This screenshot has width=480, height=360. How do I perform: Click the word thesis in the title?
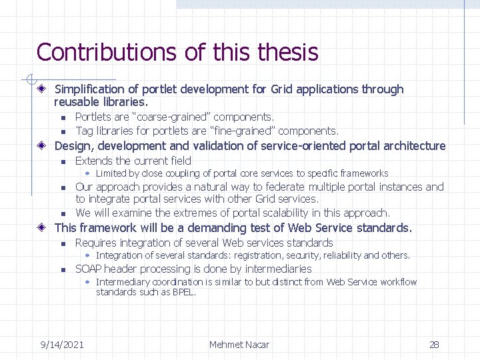[x=284, y=52]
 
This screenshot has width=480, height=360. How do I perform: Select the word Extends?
[x=94, y=161]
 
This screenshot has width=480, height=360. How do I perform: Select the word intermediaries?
[x=278, y=269]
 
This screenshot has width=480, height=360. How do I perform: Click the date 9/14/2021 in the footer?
[x=62, y=344]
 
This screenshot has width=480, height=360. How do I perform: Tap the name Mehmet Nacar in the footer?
[x=239, y=344]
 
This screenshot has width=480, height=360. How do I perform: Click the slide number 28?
[x=434, y=344]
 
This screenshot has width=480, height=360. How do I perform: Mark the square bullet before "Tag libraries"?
[x=62, y=131]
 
